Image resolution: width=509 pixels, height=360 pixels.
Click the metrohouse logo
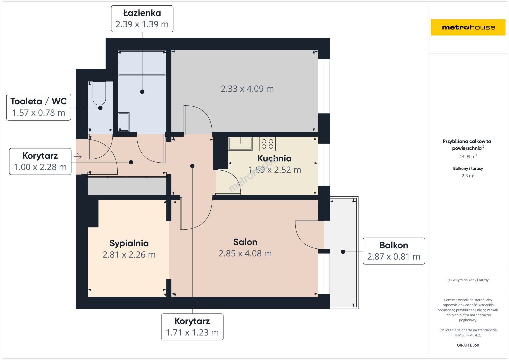[468, 27]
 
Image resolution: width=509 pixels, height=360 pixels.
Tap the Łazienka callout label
[142, 19]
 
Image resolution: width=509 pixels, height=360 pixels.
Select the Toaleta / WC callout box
[39, 107]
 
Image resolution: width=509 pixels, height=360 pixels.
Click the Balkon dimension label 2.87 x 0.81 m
[394, 257]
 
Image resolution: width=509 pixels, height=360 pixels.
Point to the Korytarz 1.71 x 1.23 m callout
[192, 327]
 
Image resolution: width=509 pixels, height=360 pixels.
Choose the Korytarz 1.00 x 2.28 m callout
[40, 161]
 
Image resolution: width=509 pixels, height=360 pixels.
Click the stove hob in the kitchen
[267, 144]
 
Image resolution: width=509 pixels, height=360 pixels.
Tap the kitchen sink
[240, 144]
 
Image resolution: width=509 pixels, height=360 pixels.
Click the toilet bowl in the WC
[99, 93]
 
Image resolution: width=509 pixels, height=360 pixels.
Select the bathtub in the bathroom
[142, 63]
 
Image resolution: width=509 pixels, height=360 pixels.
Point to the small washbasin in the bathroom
[124, 122]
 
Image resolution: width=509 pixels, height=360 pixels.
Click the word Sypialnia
[129, 243]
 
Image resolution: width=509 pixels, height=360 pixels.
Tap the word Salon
[245, 242]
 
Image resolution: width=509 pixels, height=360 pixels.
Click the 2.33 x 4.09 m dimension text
[247, 89]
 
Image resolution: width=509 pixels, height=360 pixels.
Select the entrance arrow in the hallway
[77, 157]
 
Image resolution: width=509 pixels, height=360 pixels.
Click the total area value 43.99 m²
[468, 156]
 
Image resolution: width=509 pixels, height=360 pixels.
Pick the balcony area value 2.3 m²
[468, 175]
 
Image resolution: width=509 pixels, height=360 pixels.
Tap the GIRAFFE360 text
[468, 345]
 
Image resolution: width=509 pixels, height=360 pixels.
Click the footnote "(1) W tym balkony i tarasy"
[468, 280]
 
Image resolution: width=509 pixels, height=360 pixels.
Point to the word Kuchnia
[274, 158]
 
